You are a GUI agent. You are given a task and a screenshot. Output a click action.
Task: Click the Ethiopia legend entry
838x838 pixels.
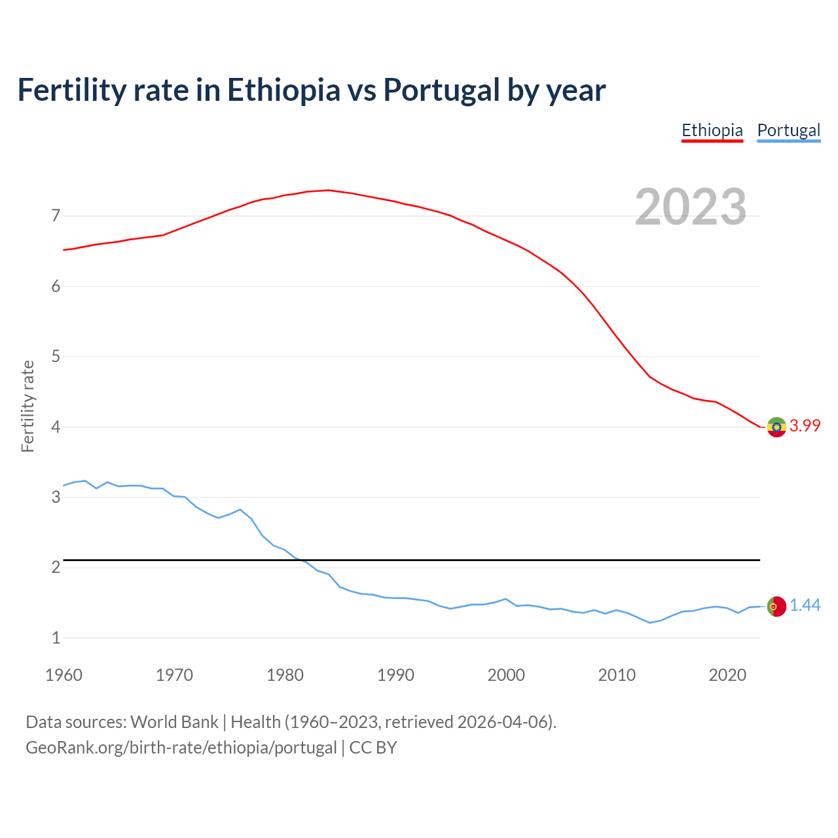(x=712, y=130)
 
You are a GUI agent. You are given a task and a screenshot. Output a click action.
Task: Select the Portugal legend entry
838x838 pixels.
(x=788, y=130)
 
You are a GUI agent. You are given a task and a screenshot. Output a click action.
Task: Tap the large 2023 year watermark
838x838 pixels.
(x=691, y=207)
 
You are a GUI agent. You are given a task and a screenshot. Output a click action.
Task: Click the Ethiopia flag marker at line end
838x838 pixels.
(x=776, y=427)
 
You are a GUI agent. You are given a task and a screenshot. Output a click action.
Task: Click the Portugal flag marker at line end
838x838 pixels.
(x=776, y=606)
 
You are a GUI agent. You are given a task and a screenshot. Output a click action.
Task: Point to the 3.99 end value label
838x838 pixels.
(x=805, y=426)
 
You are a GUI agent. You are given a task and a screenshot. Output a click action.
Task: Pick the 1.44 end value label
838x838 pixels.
(x=805, y=606)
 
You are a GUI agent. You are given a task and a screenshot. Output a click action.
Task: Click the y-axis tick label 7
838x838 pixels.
(x=56, y=215)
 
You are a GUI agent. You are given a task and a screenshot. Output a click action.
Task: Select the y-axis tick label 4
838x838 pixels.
(x=56, y=427)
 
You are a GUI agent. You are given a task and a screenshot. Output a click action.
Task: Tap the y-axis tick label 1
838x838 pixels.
(x=56, y=638)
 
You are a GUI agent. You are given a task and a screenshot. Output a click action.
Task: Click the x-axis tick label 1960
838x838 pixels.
(x=64, y=675)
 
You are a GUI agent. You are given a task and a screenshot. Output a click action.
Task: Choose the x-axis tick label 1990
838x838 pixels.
(x=395, y=675)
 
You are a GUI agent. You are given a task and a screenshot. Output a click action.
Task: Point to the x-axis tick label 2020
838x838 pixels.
(x=727, y=675)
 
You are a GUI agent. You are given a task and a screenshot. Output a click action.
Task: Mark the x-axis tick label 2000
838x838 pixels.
(x=506, y=675)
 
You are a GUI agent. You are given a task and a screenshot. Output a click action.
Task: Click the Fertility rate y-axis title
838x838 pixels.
(x=27, y=406)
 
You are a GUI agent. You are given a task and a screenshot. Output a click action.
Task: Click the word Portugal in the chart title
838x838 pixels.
(x=441, y=90)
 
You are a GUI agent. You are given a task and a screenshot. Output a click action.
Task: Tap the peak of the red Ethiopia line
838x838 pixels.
(x=328, y=191)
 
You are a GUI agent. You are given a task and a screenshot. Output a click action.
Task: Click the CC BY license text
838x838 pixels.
(x=373, y=748)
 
